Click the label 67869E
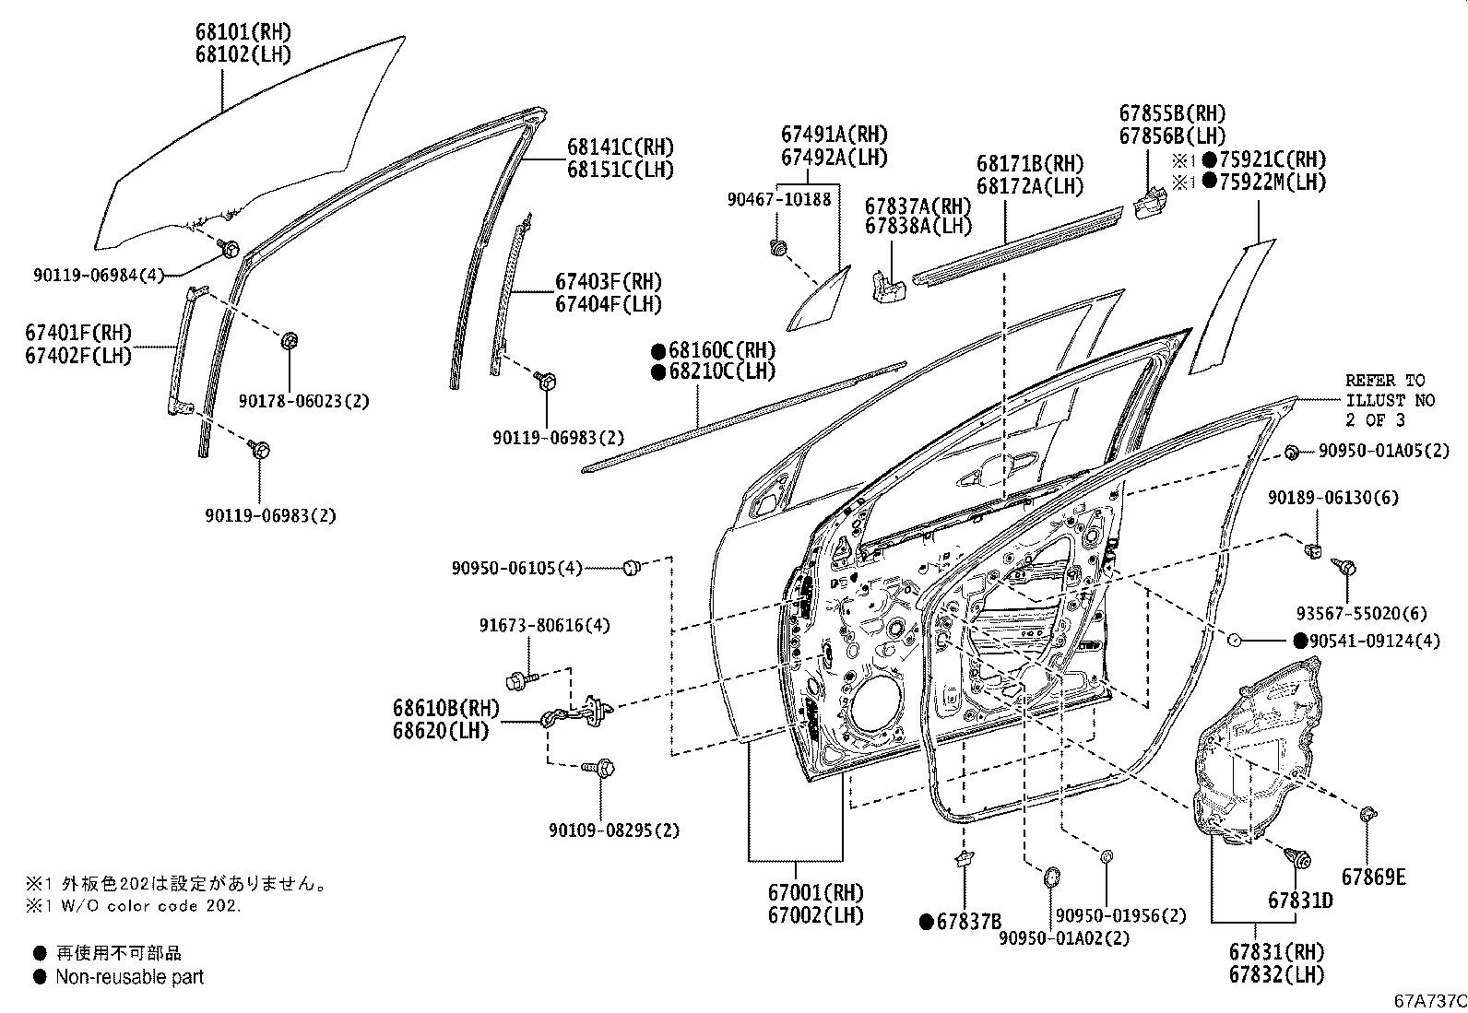(1373, 878)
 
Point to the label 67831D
(1299, 901)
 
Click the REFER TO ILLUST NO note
(1384, 400)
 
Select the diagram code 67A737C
(1429, 1001)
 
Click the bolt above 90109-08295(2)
(605, 767)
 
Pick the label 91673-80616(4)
(544, 626)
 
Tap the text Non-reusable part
(129, 977)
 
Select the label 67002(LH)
(815, 915)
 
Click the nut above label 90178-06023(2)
(289, 341)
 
